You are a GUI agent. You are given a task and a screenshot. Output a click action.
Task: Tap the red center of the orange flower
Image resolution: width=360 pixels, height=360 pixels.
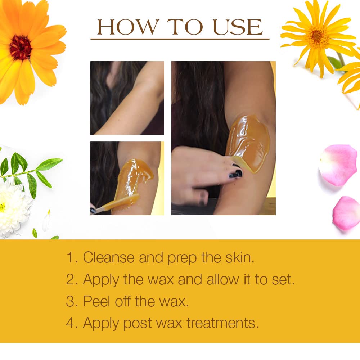point(21,47)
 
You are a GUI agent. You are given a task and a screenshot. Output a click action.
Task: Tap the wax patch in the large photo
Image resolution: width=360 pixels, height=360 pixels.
point(248,142)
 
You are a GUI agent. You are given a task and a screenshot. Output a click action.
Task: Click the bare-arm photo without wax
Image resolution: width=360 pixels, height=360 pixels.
point(127,98)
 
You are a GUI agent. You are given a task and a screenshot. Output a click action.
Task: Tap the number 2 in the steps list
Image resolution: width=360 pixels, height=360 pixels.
point(70,279)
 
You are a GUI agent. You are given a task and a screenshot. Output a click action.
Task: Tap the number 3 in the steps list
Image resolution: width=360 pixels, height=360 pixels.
point(70,301)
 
